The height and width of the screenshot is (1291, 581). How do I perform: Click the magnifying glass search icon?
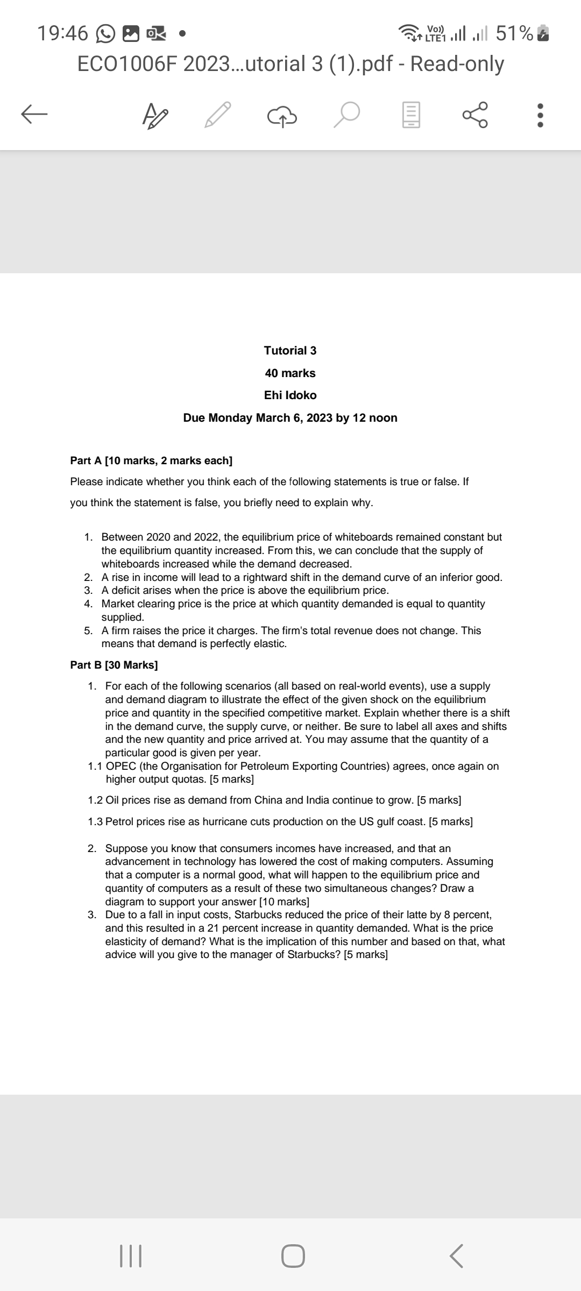pos(345,115)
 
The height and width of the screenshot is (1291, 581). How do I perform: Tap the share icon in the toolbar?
pos(475,115)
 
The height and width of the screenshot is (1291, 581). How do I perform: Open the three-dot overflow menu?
pos(541,115)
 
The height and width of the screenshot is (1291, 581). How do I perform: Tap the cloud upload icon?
pos(281,115)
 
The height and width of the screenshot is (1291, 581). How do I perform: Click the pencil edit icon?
pos(217,115)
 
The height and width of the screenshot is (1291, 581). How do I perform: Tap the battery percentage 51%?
pos(514,33)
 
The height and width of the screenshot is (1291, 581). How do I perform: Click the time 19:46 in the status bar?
pos(62,33)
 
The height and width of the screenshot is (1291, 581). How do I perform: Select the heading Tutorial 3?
pos(290,351)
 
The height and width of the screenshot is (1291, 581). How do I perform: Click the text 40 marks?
pos(290,373)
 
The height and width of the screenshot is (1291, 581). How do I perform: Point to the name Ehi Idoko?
pos(290,395)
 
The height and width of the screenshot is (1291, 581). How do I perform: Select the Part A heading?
pos(151,460)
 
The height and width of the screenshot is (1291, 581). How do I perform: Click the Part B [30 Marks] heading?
pos(114,665)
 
